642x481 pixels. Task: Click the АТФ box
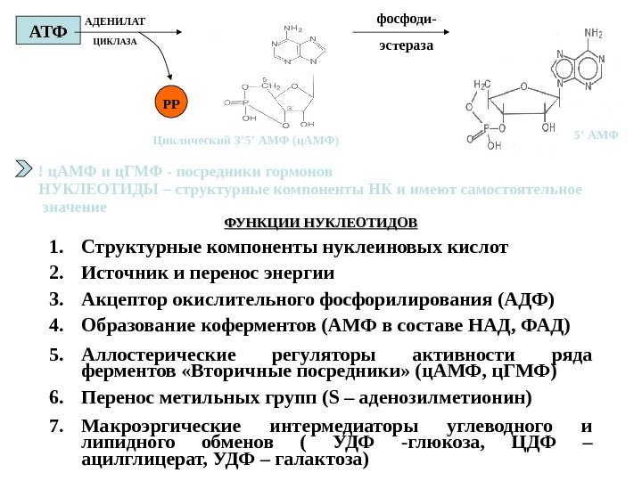tap(48, 32)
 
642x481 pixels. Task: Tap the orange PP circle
tap(171, 103)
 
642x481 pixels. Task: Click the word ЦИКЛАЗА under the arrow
tap(116, 42)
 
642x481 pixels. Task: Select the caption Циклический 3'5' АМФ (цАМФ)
tap(247, 141)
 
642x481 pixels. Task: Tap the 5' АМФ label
tap(597, 136)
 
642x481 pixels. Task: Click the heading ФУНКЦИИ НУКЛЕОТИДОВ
tap(320, 221)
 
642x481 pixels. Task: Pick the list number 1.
tap(56, 246)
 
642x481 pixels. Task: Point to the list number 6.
tap(56, 395)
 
